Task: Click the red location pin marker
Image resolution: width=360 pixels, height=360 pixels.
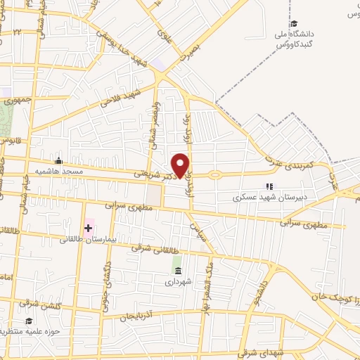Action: point(181,165)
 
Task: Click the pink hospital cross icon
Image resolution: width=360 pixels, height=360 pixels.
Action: point(88,228)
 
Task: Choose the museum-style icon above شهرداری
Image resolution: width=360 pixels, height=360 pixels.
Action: point(177,271)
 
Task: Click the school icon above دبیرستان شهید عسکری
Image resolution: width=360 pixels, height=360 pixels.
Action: point(268,186)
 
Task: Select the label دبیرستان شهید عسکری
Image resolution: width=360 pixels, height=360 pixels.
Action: point(267,198)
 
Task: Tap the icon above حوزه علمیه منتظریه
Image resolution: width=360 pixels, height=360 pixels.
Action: point(29,321)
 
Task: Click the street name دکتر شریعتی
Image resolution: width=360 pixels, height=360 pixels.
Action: point(154,172)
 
